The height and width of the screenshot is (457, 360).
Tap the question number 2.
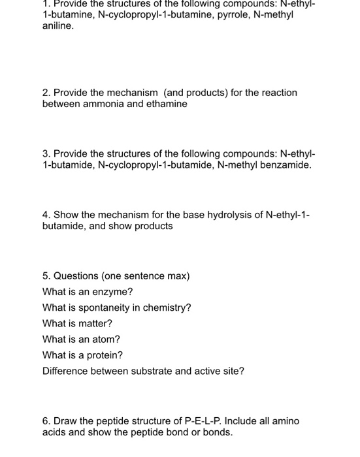(x=45, y=93)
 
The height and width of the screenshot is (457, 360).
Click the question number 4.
(x=45, y=214)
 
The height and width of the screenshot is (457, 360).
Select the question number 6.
(x=45, y=421)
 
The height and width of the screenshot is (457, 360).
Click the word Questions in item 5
(x=76, y=276)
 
